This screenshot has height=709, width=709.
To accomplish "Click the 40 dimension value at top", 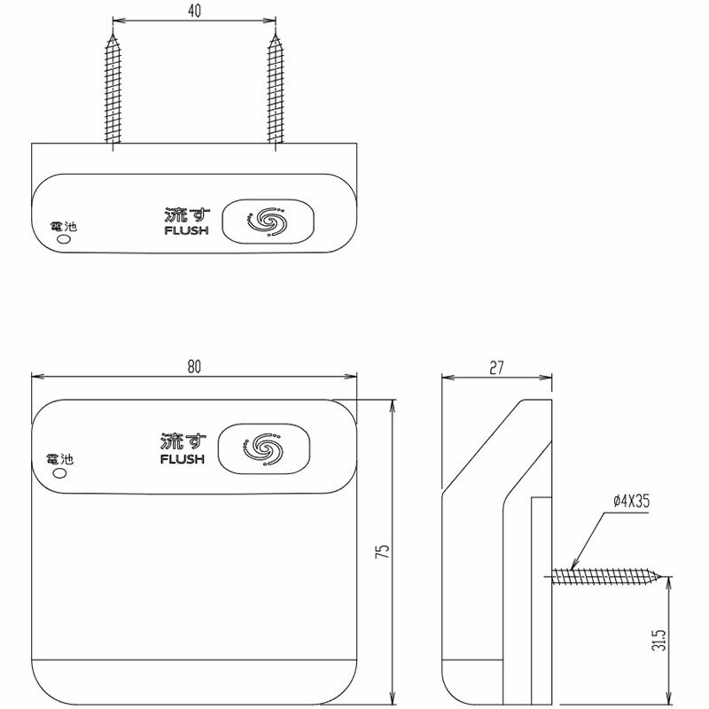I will pyautogui.click(x=194, y=11).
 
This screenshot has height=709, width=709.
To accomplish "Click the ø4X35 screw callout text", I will pyautogui.click(x=631, y=501).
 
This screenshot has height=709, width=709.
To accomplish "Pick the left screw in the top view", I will pyautogui.click(x=113, y=89).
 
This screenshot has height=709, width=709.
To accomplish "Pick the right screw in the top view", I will pyautogui.click(x=275, y=89).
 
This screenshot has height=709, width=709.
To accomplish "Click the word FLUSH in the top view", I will pyautogui.click(x=183, y=232).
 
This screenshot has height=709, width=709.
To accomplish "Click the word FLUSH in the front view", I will pyautogui.click(x=183, y=460).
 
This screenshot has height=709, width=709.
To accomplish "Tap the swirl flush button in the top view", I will pyautogui.click(x=268, y=221).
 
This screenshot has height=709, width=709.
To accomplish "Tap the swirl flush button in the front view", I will pyautogui.click(x=265, y=448).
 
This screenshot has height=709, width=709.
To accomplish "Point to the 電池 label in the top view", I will pyautogui.click(x=64, y=228).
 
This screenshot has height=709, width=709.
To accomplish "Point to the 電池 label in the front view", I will pyautogui.click(x=61, y=460).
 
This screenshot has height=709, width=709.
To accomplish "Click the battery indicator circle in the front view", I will pyautogui.click(x=61, y=473).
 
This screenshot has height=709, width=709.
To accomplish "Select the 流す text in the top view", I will pyautogui.click(x=183, y=215).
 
